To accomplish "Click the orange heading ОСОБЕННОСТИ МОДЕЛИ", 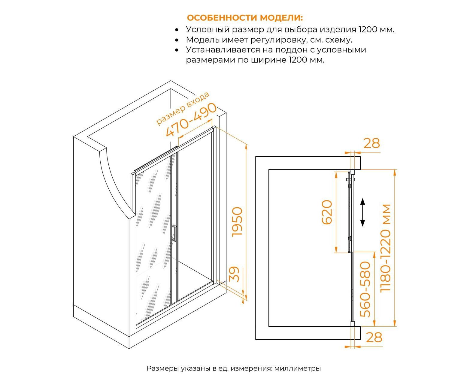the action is pos(244,18).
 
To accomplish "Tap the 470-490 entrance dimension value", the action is pos(191,120).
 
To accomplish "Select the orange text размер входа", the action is pos(183,108).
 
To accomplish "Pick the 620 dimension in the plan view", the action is pos(327,212).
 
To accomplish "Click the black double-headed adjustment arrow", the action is pos(362,212).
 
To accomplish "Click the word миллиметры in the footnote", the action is pos(298,368).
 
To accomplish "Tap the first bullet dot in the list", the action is pos(177,30).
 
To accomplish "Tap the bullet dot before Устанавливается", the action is pos(177,50).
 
